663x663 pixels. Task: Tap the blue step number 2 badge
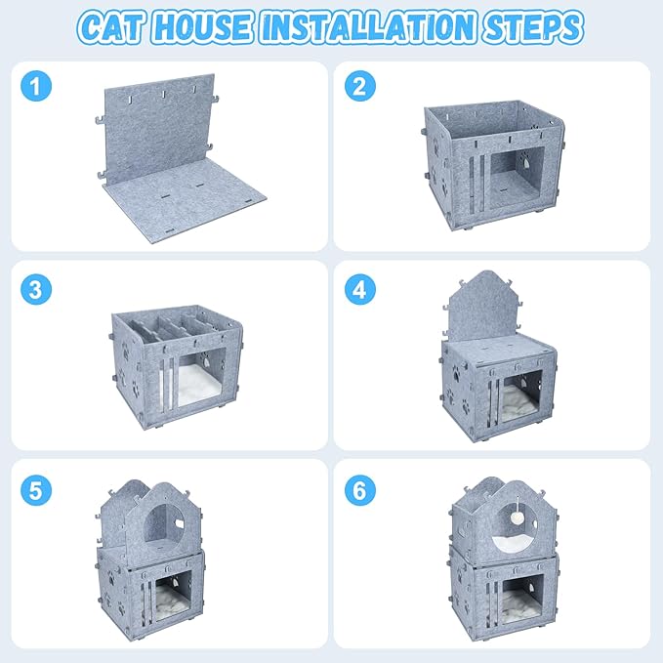click(x=358, y=87)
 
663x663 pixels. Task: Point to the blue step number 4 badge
click(x=358, y=289)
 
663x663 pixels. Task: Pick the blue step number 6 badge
click(x=358, y=488)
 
